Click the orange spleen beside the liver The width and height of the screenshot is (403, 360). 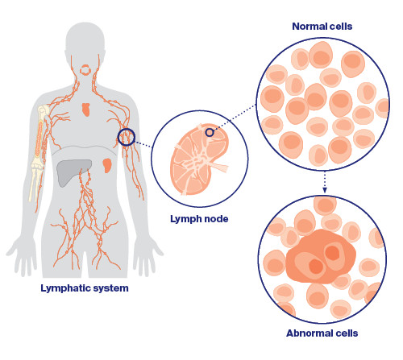pos(109,168)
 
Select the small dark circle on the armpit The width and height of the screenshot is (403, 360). pos(127,138)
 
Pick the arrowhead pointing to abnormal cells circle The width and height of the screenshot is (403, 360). pos(324,190)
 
